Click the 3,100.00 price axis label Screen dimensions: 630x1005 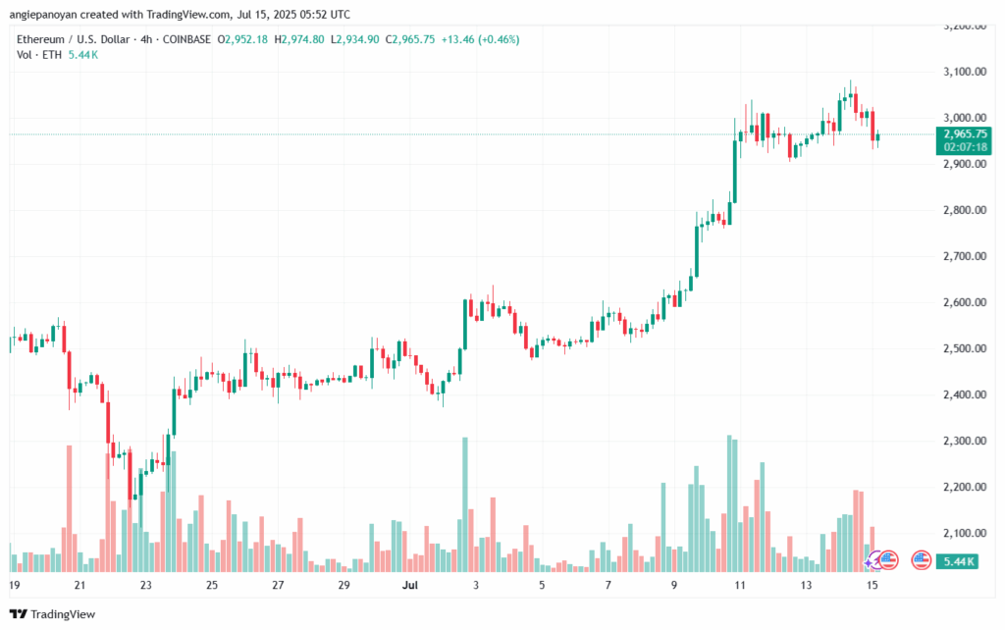pos(963,72)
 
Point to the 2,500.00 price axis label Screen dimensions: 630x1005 pos(963,348)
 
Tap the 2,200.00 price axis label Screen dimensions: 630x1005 pos(963,487)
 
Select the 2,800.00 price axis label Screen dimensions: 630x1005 pos(963,210)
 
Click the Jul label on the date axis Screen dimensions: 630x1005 pos(409,585)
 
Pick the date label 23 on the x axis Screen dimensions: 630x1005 pos(145,585)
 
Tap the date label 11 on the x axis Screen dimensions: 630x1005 pos(739,585)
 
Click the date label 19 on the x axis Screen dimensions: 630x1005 pos(14,585)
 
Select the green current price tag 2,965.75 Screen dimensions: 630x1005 pos(963,133)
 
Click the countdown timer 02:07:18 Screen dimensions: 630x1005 pos(963,146)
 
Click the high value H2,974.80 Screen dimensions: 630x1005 pos(301,39)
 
